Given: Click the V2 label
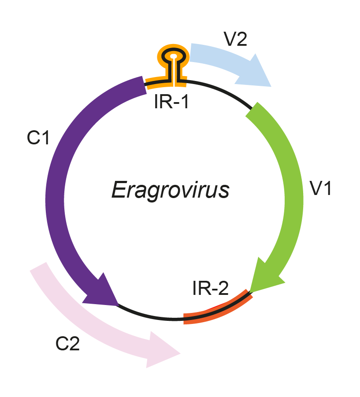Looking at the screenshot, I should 236,40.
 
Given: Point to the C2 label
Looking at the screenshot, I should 67,344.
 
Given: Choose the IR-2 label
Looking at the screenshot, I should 210,289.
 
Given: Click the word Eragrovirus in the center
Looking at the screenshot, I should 170,191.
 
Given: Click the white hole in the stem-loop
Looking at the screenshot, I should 174,56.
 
